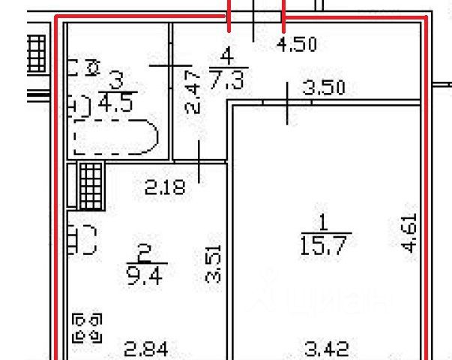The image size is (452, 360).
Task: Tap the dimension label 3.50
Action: (323, 88)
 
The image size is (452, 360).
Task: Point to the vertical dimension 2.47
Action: (193, 91)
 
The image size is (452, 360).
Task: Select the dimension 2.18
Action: (163, 186)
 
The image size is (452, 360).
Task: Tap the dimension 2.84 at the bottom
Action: (145, 349)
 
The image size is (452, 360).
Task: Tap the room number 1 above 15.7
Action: (324, 223)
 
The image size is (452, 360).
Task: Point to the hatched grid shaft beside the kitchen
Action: (91, 186)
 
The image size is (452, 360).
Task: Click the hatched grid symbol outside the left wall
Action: (35, 52)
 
